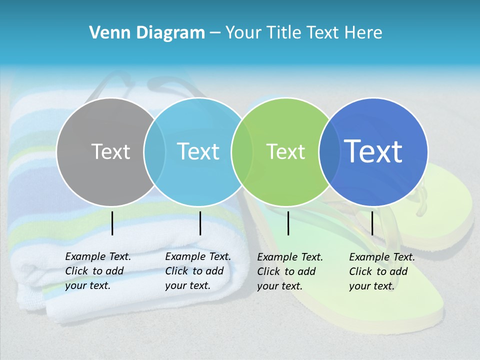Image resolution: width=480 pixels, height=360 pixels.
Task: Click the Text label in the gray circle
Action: pos(110,151)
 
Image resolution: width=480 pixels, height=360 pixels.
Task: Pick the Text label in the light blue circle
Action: pos(198,151)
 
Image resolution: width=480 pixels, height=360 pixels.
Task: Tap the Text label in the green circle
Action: pos(285,151)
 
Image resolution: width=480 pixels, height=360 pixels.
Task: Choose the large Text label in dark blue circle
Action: pos(373,151)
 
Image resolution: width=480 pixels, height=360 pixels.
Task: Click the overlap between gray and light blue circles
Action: pos(154,151)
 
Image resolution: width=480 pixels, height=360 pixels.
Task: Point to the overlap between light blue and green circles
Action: pos(242,151)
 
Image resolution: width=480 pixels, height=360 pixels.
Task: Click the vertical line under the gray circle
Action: pos(112,223)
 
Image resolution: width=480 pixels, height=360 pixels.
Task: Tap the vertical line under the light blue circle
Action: pos(200,223)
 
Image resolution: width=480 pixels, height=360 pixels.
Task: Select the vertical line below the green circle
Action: pos(288,223)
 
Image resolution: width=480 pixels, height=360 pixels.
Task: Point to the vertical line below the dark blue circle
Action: pos(372,223)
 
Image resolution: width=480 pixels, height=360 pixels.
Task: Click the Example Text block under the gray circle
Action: pos(97,271)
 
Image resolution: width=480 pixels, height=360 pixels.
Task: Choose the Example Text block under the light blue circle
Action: pos(197,271)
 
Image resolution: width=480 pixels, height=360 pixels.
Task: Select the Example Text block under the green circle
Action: pos(289,271)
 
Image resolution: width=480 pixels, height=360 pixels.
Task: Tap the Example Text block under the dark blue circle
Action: pos(381,271)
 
